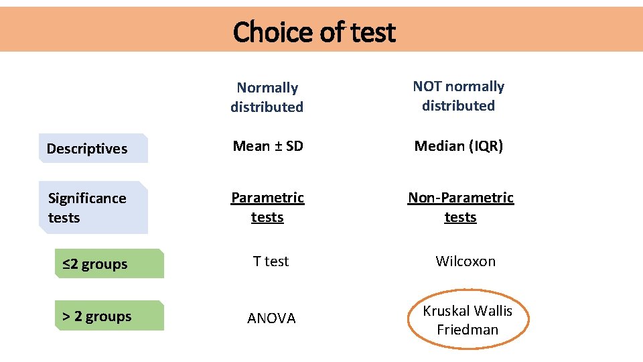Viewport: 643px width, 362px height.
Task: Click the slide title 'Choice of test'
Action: (314, 32)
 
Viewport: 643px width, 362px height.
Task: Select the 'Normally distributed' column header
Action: (267, 97)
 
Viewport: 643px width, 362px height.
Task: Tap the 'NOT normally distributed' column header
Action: (458, 96)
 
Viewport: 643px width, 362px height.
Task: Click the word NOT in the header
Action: (427, 86)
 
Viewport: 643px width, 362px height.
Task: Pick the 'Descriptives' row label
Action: (87, 149)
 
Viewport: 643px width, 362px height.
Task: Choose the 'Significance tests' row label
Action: (87, 208)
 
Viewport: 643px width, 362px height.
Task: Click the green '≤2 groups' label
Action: (95, 264)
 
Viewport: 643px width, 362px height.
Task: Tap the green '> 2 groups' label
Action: (97, 316)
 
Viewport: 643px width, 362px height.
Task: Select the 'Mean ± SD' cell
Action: (267, 145)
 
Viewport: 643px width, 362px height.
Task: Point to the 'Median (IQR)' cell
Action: (458, 146)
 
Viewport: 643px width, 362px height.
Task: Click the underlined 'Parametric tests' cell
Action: (267, 207)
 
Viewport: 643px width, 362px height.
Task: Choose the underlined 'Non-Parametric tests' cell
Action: (461, 207)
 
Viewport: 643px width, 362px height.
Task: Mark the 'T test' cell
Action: (271, 261)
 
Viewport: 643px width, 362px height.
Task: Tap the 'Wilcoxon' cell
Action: (466, 261)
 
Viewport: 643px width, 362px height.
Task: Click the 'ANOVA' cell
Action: (271, 318)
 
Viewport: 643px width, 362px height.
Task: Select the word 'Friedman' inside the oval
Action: (468, 330)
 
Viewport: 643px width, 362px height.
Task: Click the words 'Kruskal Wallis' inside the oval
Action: (468, 311)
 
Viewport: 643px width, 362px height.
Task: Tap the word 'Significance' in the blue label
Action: (87, 198)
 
